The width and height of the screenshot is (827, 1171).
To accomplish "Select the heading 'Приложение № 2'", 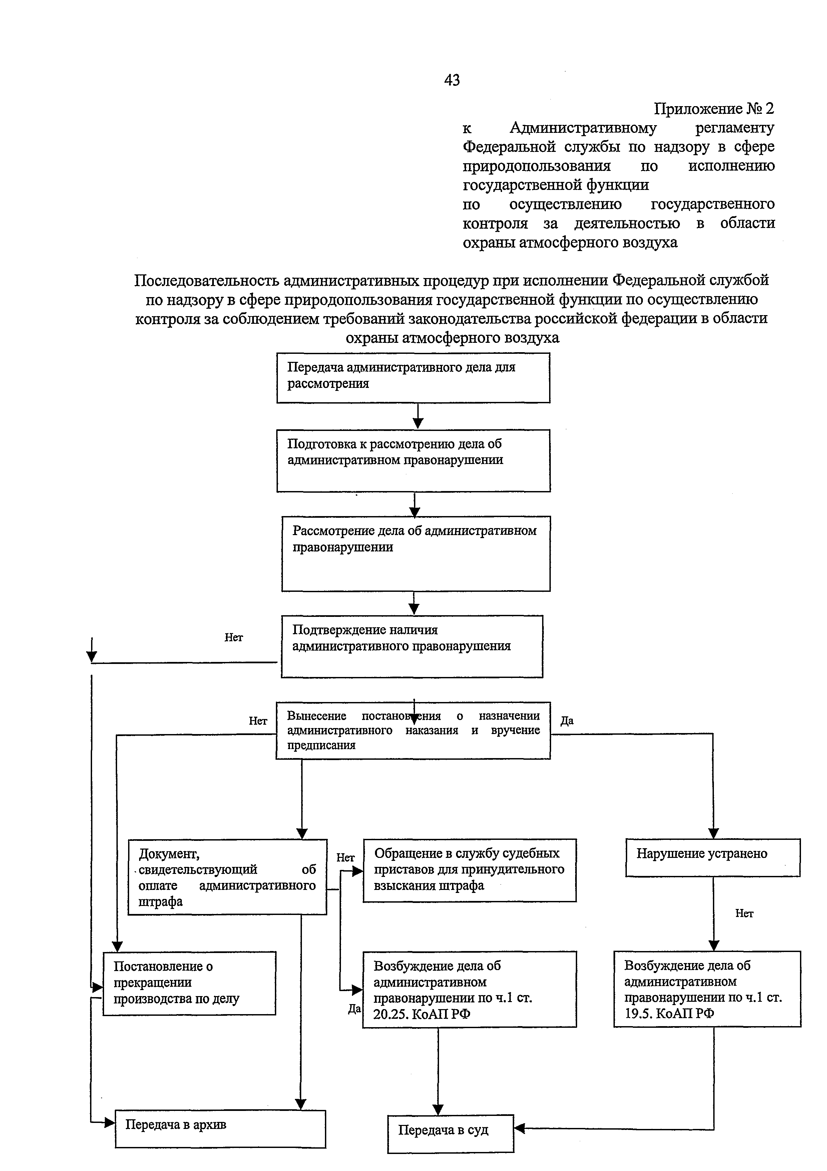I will (x=713, y=108).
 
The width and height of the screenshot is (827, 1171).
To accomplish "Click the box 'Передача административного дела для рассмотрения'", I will (x=413, y=378).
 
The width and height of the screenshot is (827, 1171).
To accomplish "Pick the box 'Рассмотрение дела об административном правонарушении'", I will (x=415, y=553).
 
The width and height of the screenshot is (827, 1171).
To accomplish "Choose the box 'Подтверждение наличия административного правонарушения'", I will (x=412, y=646).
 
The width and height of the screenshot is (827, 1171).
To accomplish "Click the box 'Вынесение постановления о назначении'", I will (x=413, y=730).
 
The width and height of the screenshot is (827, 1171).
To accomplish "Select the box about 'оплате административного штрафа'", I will (x=227, y=877).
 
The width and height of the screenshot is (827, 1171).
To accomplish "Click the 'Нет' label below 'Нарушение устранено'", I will (x=744, y=913).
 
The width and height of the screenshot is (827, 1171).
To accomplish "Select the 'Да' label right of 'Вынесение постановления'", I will (x=566, y=721).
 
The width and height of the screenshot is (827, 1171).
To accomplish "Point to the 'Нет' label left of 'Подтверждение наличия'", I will (x=234, y=637).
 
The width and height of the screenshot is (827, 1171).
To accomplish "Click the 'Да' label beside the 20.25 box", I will (x=354, y=1009).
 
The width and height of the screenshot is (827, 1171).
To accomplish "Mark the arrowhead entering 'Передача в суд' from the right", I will (x=519, y=1129).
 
